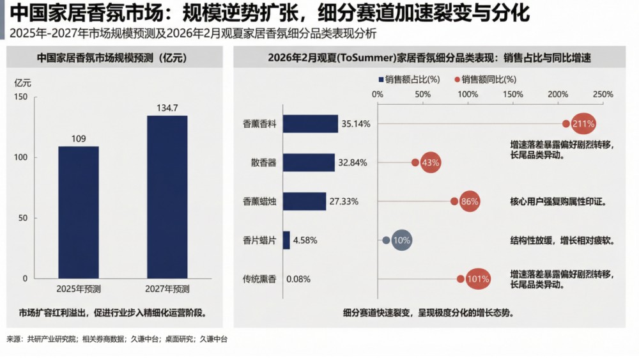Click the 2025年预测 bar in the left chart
(79, 212)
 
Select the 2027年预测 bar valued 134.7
(167, 197)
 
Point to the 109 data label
(79, 139)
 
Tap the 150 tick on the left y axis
(21, 97)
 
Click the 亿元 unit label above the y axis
(22, 82)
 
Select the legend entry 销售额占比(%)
(410, 80)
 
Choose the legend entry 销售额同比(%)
(485, 80)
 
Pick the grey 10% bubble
(401, 240)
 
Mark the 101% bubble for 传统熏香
(477, 279)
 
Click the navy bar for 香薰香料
(310, 123)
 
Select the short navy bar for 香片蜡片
(286, 240)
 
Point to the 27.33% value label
(344, 201)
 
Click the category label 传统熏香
(259, 279)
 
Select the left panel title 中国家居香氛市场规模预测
(111, 58)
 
